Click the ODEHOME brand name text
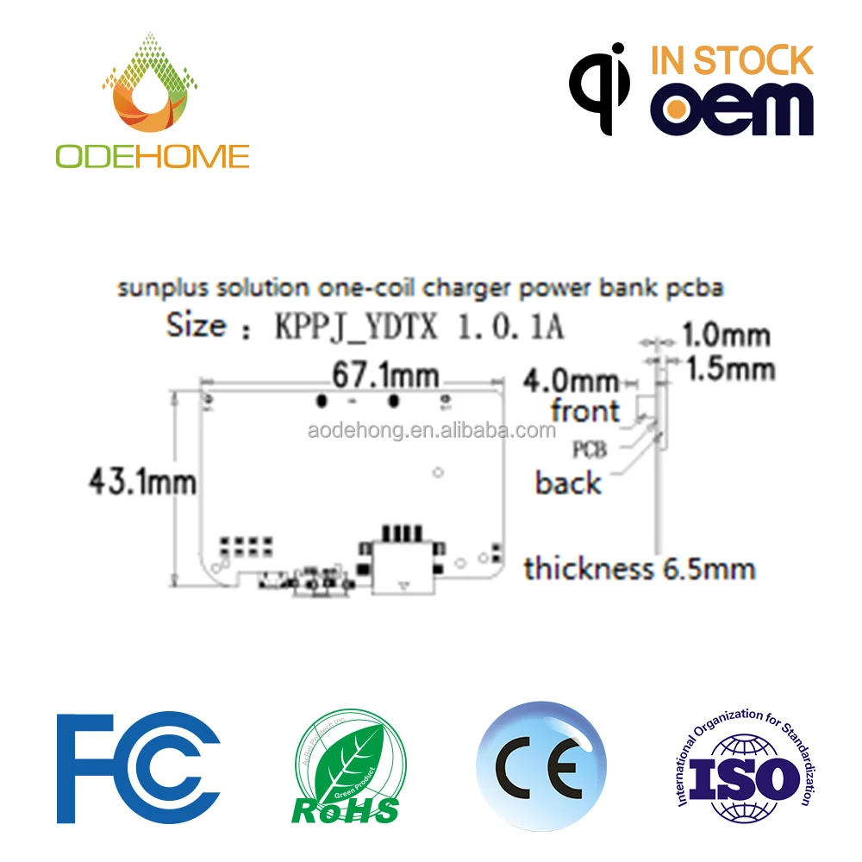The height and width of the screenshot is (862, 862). click(153, 156)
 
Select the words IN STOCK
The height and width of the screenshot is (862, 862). click(732, 61)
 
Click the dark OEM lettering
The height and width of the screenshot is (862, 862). click(732, 109)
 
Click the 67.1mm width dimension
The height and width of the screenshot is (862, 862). click(385, 377)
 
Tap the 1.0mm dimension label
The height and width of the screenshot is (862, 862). click(726, 335)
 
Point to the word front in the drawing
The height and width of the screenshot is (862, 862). click(585, 411)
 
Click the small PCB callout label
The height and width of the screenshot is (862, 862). click(590, 449)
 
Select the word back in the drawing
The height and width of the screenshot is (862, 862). click(568, 483)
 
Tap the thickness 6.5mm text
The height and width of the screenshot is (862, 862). click(640, 569)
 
